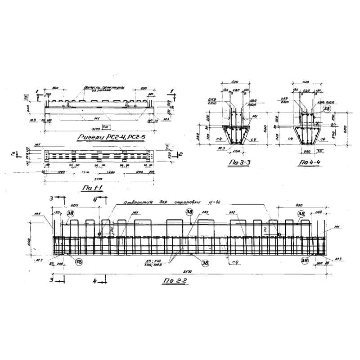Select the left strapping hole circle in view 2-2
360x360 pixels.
click(x=99, y=234)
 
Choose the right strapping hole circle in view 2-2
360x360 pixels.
click(x=279, y=234)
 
